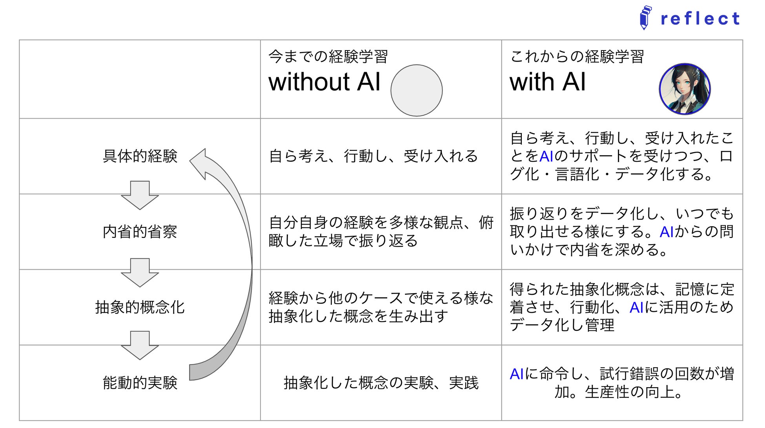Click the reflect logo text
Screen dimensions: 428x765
point(700,19)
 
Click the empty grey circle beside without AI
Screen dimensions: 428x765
point(416,91)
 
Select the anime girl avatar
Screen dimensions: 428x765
point(685,89)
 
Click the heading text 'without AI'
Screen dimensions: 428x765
point(324,82)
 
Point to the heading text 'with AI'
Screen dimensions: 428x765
point(547,82)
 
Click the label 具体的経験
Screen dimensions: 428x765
point(140,156)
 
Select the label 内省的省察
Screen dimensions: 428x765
point(140,232)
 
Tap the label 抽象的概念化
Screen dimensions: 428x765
point(140,307)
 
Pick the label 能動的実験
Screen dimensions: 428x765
point(140,383)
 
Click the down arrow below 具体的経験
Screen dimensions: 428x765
point(140,195)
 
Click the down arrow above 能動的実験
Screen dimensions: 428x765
point(140,345)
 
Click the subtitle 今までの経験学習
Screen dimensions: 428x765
point(328,57)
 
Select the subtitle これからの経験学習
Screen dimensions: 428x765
point(577,57)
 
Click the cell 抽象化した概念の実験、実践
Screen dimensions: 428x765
point(381,383)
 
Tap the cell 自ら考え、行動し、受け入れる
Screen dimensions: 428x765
point(373,156)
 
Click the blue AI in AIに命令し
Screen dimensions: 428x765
point(517,374)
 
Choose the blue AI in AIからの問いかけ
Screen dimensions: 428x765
point(667,232)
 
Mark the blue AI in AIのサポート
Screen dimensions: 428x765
point(546,156)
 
